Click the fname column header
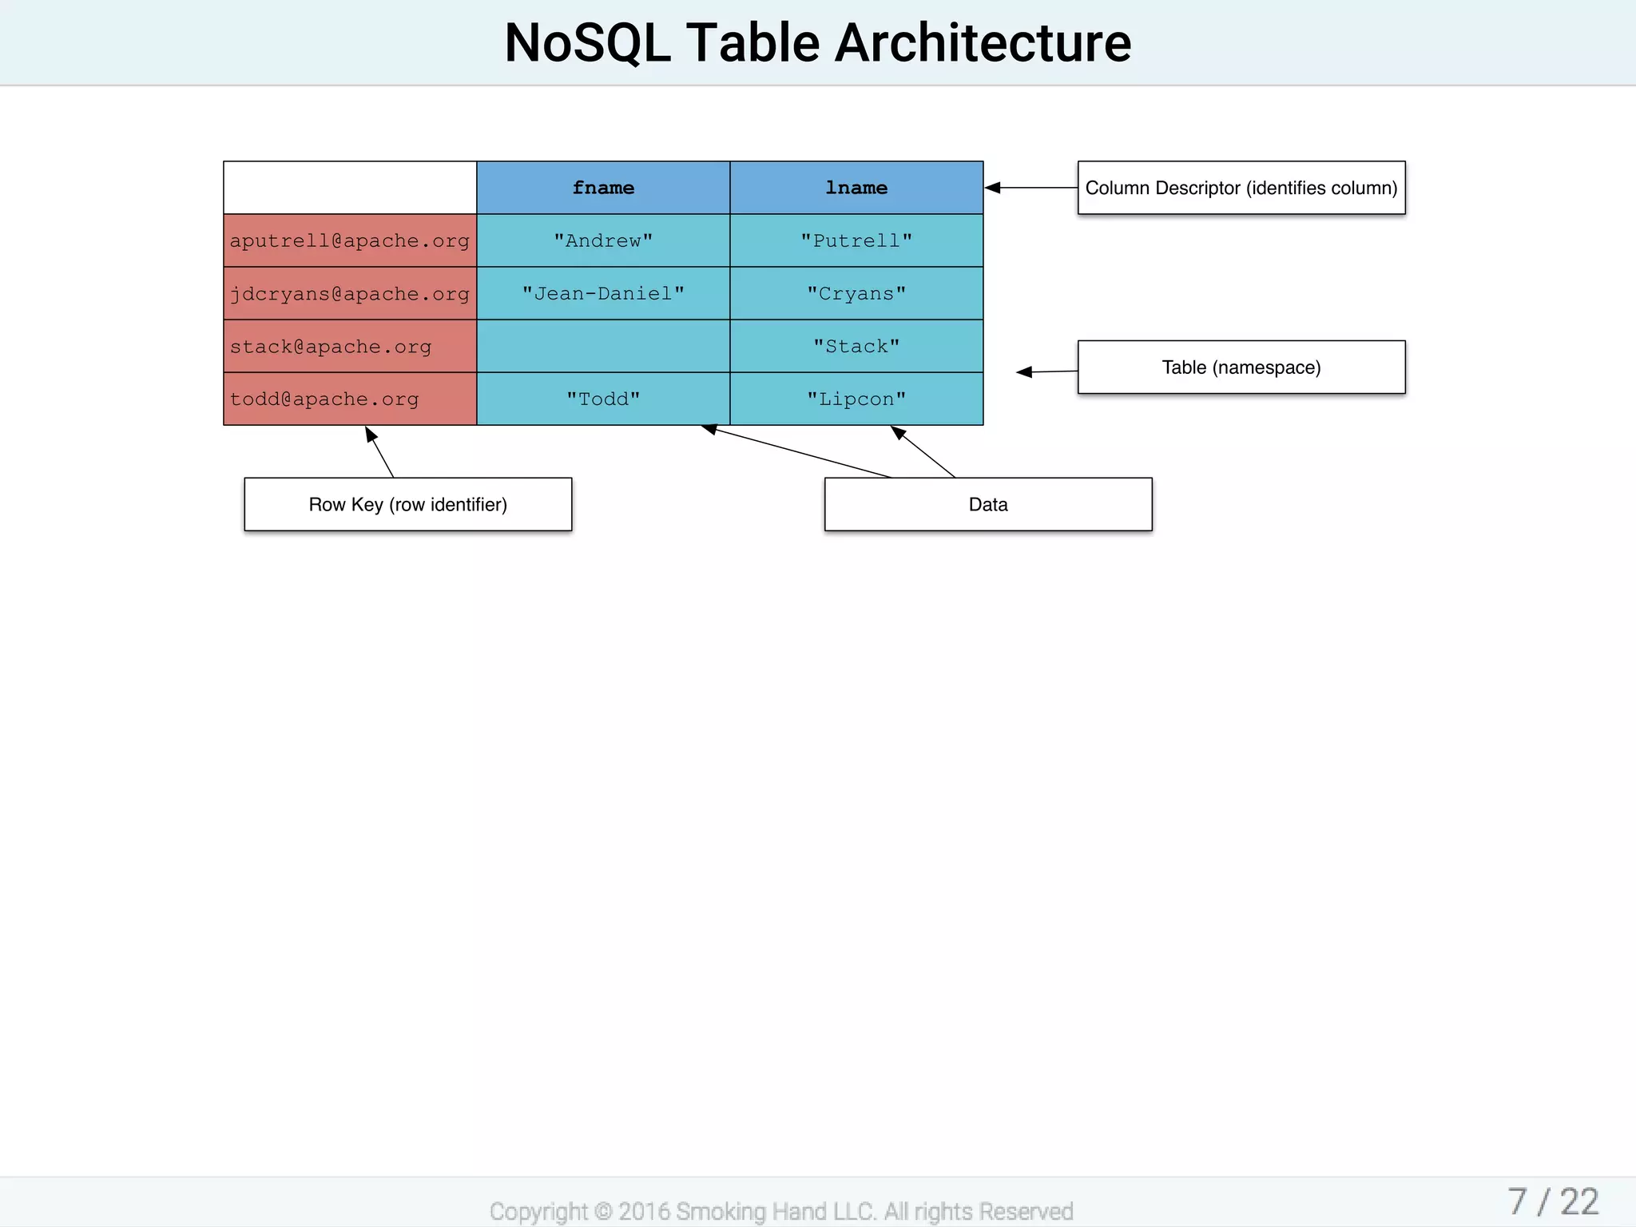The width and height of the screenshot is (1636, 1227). click(x=603, y=188)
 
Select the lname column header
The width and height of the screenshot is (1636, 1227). click(x=856, y=188)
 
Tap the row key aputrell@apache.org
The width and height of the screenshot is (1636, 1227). click(x=350, y=240)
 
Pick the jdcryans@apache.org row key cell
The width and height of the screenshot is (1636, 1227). click(x=350, y=293)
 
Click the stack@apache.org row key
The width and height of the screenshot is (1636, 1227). click(x=350, y=346)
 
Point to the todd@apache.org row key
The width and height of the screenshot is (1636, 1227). click(x=350, y=399)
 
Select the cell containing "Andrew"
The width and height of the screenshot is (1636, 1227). click(x=603, y=240)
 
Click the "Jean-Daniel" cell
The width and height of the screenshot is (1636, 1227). click(x=603, y=293)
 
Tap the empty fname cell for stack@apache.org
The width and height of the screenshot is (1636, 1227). click(x=603, y=346)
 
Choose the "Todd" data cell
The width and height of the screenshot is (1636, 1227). click(x=603, y=399)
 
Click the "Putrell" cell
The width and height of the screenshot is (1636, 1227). click(x=856, y=240)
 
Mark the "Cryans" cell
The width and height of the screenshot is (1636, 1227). click(x=856, y=293)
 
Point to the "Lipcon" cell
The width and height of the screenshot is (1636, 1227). click(x=856, y=399)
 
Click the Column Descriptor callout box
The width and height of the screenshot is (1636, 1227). click(x=1241, y=188)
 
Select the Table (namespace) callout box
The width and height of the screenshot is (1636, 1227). click(x=1241, y=367)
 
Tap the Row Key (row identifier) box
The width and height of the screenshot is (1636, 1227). click(x=407, y=504)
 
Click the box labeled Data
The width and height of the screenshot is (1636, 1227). click(x=988, y=504)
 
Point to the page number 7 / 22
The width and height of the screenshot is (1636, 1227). click(x=1552, y=1201)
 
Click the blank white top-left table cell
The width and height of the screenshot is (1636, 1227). click(x=350, y=188)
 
